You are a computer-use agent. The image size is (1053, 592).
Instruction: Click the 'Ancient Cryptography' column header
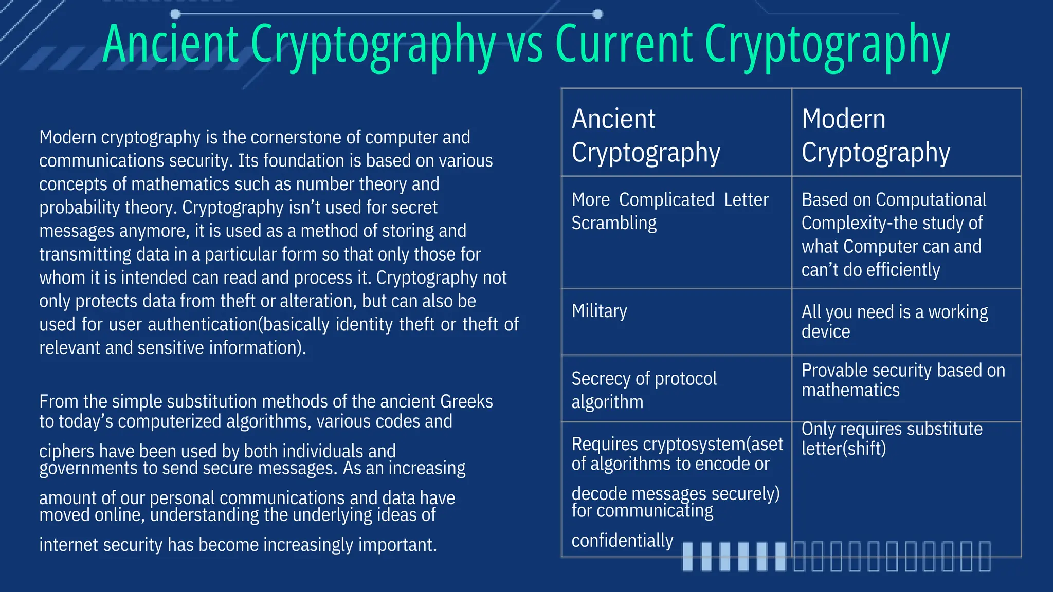tap(646, 135)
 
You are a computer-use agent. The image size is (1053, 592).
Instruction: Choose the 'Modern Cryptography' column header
tap(876, 135)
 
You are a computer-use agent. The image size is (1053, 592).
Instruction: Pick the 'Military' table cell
tap(600, 311)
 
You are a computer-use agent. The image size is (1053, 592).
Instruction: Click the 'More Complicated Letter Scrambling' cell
tap(670, 211)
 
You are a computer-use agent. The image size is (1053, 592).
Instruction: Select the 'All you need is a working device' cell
tap(895, 322)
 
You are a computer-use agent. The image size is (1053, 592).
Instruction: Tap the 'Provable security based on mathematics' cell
tap(903, 380)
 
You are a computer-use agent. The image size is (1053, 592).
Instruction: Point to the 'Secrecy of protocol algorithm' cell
tap(644, 390)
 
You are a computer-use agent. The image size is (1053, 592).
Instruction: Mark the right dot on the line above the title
tap(597, 14)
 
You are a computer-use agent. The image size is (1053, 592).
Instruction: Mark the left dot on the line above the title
tap(175, 14)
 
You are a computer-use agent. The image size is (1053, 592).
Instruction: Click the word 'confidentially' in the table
tap(622, 541)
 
